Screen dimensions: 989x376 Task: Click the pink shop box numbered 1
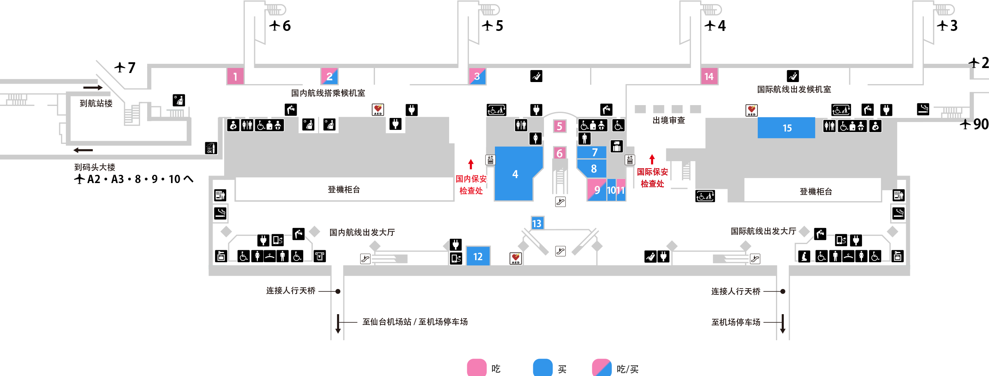(x=235, y=76)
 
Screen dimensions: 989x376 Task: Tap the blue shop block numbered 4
(x=515, y=174)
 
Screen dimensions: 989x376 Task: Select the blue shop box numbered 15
(x=786, y=128)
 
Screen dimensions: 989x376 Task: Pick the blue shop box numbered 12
(x=478, y=256)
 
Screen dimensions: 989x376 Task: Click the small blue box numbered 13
(x=537, y=223)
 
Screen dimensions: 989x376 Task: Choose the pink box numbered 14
(x=709, y=76)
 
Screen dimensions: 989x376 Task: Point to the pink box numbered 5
(x=560, y=126)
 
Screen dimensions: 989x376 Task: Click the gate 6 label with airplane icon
(x=280, y=26)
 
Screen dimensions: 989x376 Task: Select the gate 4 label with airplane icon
(x=715, y=26)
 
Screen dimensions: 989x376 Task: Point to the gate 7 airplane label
(x=125, y=67)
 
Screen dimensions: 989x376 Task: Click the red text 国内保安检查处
(x=471, y=185)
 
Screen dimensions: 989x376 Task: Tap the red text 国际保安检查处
(x=652, y=178)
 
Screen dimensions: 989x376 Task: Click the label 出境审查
(x=669, y=120)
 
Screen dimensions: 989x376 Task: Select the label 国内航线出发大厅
(x=362, y=233)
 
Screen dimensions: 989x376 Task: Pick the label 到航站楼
(x=96, y=103)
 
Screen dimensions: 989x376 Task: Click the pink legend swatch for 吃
(x=477, y=367)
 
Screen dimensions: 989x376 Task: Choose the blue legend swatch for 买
(x=543, y=367)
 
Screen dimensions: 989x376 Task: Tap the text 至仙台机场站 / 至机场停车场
(x=415, y=322)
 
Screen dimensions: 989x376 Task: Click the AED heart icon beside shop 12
(x=516, y=258)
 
